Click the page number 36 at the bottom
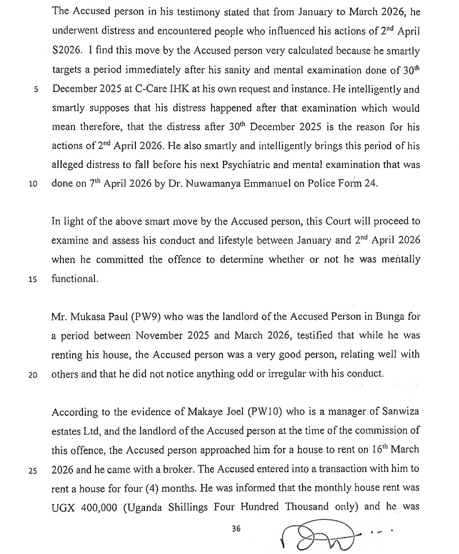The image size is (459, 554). pos(236,529)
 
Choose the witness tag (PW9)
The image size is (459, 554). pos(145,317)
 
